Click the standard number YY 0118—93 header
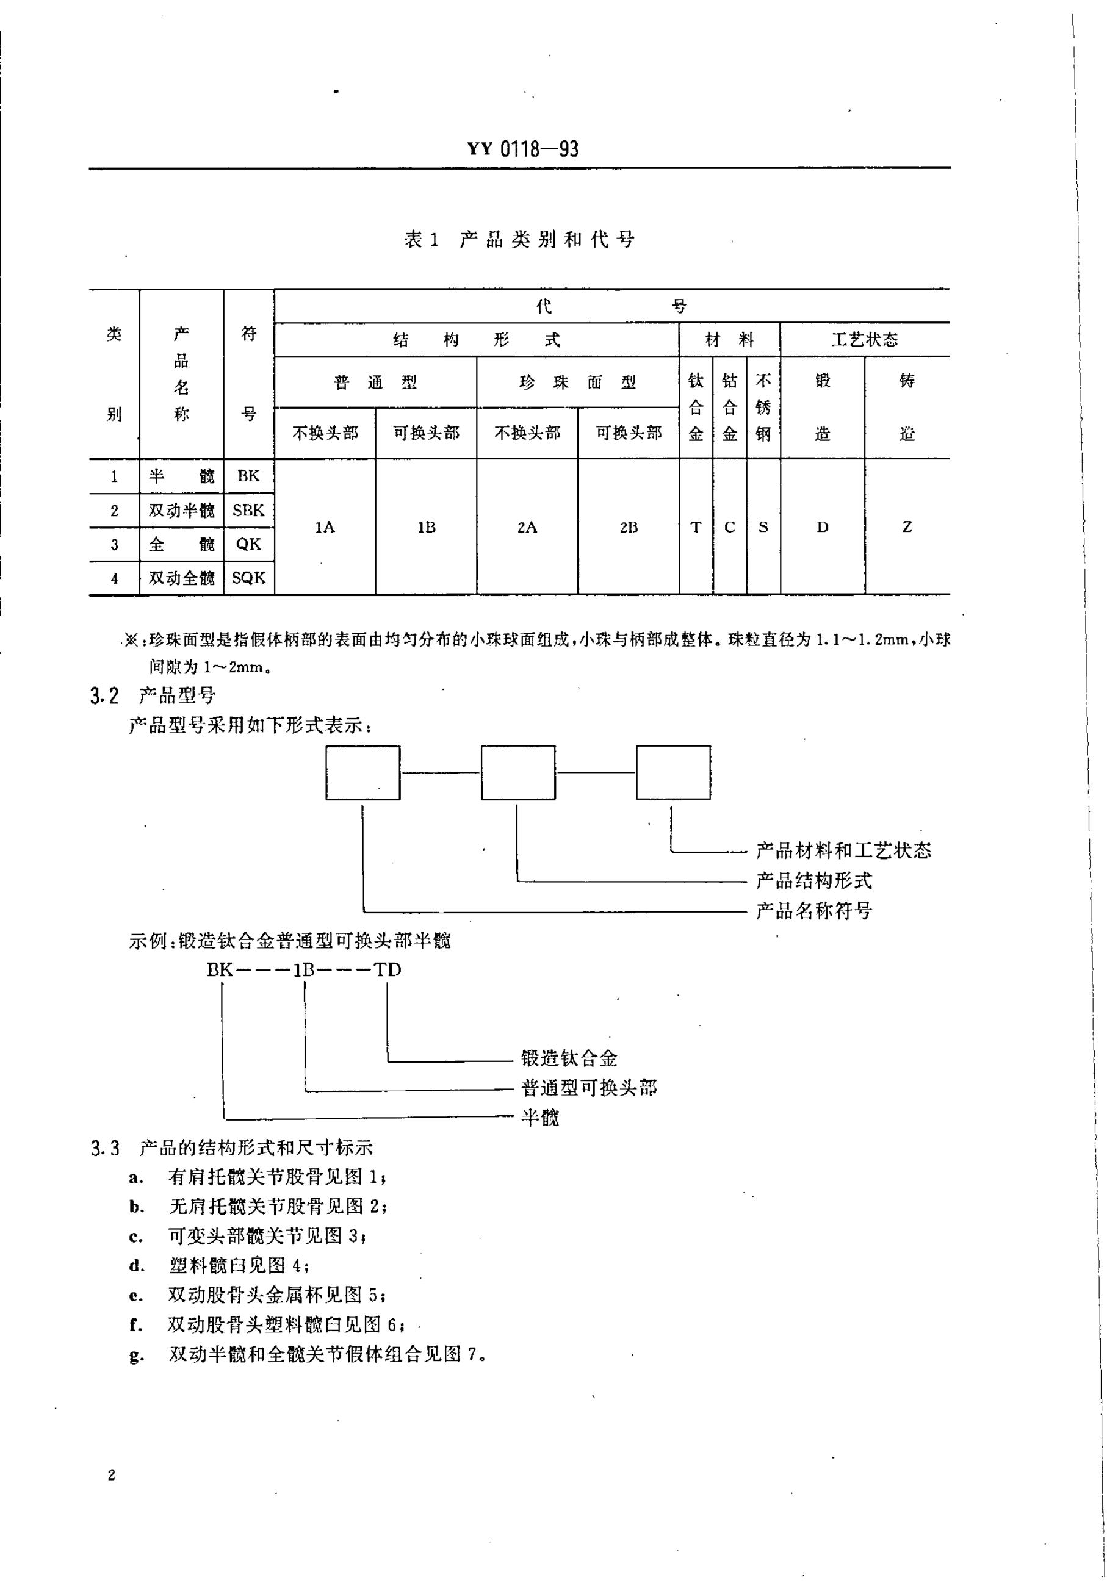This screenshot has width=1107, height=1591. tap(522, 149)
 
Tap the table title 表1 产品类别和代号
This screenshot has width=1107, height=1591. tap(519, 240)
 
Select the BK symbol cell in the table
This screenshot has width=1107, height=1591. tap(248, 476)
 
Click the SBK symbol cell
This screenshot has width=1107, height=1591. tap(248, 510)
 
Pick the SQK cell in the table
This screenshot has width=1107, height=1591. tap(248, 578)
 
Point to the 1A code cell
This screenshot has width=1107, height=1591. tap(325, 527)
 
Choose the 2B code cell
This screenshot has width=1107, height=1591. tap(628, 527)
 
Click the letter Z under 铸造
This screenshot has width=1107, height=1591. tap(906, 527)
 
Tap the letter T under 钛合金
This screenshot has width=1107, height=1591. tap(695, 527)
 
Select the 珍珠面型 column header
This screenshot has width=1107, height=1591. tap(577, 382)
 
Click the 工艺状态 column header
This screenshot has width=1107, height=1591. tap(864, 340)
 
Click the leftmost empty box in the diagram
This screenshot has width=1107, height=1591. tap(362, 773)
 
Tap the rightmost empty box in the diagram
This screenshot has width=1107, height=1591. tap(672, 773)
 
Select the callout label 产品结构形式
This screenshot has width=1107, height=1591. tap(813, 881)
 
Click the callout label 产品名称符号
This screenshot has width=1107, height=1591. tap(813, 911)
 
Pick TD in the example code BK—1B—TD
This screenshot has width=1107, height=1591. tap(388, 970)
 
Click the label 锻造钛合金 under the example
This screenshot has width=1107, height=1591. tap(568, 1058)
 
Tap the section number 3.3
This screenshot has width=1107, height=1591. tap(105, 1149)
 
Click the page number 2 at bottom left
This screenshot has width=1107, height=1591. tap(112, 1475)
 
